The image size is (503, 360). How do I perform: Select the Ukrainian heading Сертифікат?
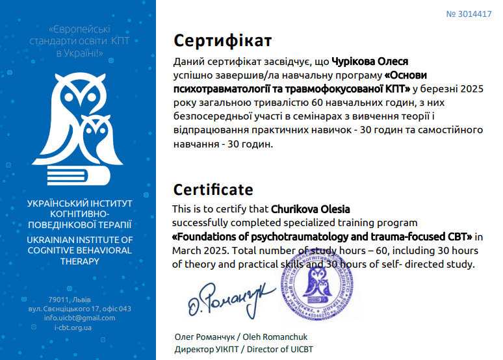click(223, 41)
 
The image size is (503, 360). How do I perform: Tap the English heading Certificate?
click(213, 190)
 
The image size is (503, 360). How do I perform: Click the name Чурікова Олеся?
click(370, 62)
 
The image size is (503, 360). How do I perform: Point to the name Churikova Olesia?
click(311, 209)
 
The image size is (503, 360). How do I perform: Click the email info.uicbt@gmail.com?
click(79, 318)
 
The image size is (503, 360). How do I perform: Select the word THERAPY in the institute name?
click(79, 261)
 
